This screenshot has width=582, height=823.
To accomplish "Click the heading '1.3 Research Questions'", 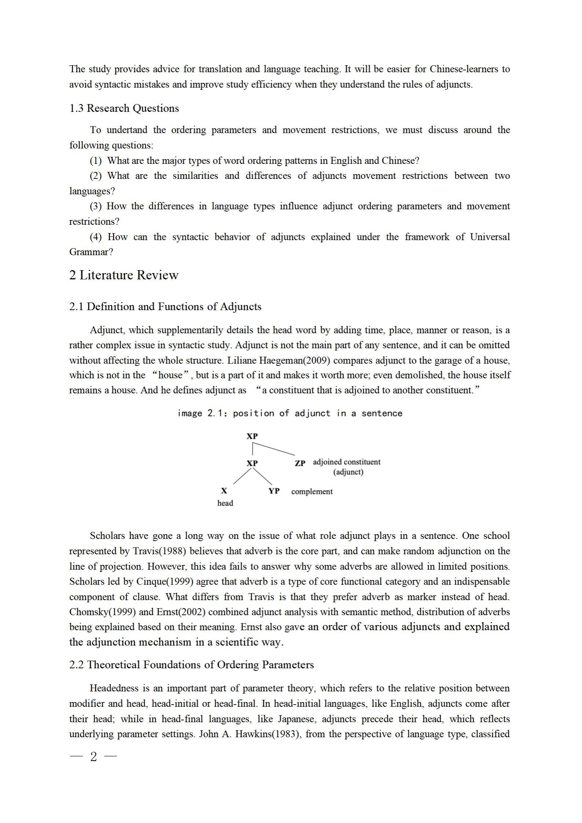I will click(x=124, y=108).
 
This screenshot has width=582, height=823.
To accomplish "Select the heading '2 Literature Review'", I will click(x=124, y=275).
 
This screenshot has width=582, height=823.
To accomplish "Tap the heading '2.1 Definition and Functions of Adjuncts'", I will click(x=165, y=306).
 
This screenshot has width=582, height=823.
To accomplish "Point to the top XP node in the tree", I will click(x=252, y=436).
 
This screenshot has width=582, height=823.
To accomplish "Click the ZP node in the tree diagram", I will click(x=300, y=463).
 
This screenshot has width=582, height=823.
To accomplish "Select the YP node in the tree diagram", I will click(x=274, y=491).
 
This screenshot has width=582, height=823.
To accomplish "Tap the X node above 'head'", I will click(x=224, y=491).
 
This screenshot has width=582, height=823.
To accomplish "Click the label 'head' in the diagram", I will click(x=225, y=503).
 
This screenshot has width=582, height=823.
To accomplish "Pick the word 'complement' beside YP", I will click(x=312, y=491).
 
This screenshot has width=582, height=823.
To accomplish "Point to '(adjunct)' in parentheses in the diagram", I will click(x=348, y=472).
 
